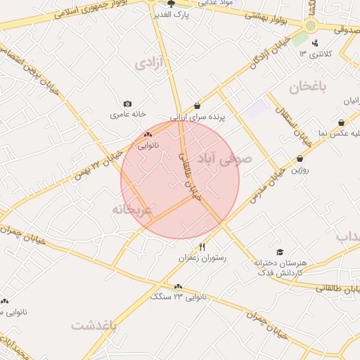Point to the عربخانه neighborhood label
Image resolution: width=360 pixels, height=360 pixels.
pos(131,210)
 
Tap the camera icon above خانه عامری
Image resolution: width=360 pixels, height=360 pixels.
pos(127,103)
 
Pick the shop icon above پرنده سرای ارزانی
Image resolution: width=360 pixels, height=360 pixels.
pos(197,106)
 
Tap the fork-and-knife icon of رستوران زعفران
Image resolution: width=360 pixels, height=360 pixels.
pos(203,247)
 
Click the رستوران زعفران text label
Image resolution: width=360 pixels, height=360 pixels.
pos(203,258)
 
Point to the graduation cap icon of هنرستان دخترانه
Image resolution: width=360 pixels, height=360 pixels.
pos(280,252)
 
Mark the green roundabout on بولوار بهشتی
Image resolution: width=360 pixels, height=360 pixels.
pos(310,25)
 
